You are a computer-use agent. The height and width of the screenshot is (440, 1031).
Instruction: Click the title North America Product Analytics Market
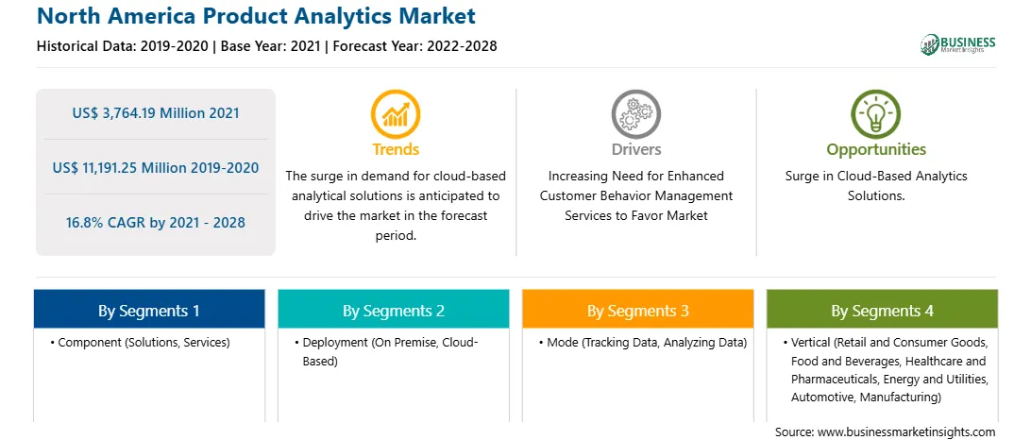coord(257,15)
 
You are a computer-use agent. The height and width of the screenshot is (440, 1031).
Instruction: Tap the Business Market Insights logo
coord(957,44)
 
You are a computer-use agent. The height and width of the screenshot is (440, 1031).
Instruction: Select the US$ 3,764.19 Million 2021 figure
coord(156,113)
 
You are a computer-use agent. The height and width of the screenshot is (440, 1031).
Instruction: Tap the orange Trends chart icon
coord(396,114)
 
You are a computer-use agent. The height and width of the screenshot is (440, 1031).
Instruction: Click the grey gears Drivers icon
coord(635,114)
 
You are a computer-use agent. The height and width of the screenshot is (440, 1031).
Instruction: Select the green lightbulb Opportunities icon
coord(876,114)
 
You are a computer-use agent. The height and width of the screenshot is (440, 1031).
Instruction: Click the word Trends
coord(396,149)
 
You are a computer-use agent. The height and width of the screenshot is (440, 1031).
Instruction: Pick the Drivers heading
coord(636,149)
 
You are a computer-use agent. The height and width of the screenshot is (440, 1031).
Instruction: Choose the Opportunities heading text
coord(876,150)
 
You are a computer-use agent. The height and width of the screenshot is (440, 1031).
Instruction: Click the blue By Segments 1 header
coord(149,309)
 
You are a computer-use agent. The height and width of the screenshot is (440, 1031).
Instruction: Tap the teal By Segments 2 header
coord(393,309)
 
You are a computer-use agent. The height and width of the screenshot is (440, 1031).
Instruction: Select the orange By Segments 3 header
coord(638,309)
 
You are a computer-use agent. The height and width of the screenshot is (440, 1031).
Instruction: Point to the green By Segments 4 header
coord(883,309)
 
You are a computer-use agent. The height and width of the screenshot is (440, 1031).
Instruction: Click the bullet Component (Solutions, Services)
coord(140,343)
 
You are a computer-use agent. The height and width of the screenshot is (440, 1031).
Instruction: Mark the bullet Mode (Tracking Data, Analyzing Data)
coord(642,343)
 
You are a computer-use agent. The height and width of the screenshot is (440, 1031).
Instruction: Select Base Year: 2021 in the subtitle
coord(271,46)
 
